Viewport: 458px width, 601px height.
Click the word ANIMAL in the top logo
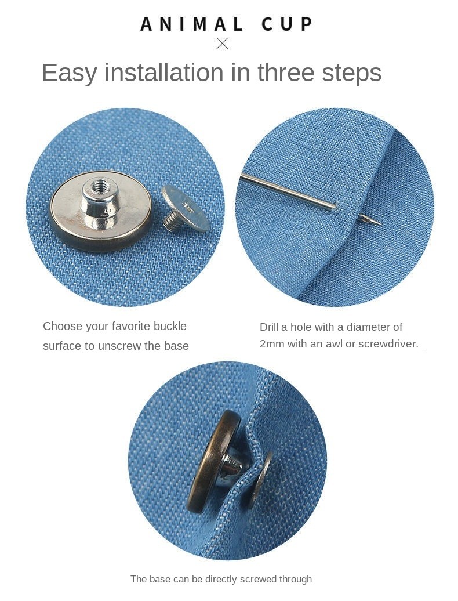pos(191,24)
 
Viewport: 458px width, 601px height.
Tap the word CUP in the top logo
pos(287,24)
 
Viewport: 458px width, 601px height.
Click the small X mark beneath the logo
pos(222,44)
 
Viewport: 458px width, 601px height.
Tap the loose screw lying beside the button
pos(184,209)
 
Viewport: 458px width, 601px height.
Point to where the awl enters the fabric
pos(336,208)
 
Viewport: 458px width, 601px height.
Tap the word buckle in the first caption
pos(170,326)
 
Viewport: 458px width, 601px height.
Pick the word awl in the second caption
pos(334,344)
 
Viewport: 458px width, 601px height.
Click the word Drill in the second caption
pos(269,327)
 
